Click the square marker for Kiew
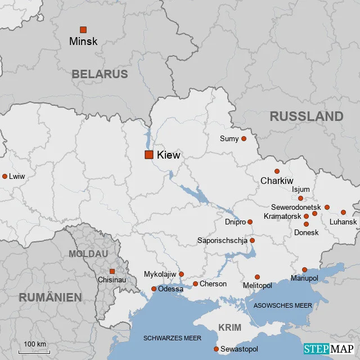149,155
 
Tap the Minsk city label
83,41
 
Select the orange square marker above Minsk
83,29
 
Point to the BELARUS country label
100,74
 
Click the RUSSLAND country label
306,116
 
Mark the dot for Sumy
244,138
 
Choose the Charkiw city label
277,181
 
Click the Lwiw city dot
4,176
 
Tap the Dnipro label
235,222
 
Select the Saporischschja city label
222,241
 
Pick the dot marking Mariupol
304,269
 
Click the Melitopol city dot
257,277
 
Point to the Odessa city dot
154,289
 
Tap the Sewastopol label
239,349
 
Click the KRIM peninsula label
229,327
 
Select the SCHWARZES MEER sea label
172,338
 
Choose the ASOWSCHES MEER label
283,305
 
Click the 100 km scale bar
34,351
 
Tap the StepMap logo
330,349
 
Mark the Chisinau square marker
112,271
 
